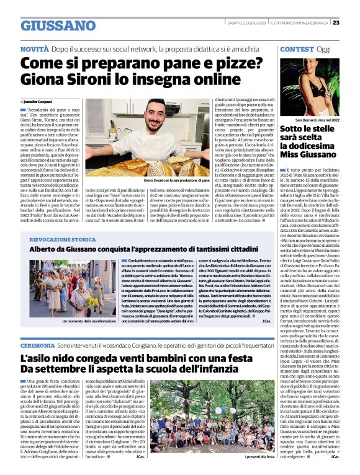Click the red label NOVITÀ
tap(34, 48)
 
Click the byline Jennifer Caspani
tap(38, 100)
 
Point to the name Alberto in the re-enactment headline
tap(45, 249)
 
